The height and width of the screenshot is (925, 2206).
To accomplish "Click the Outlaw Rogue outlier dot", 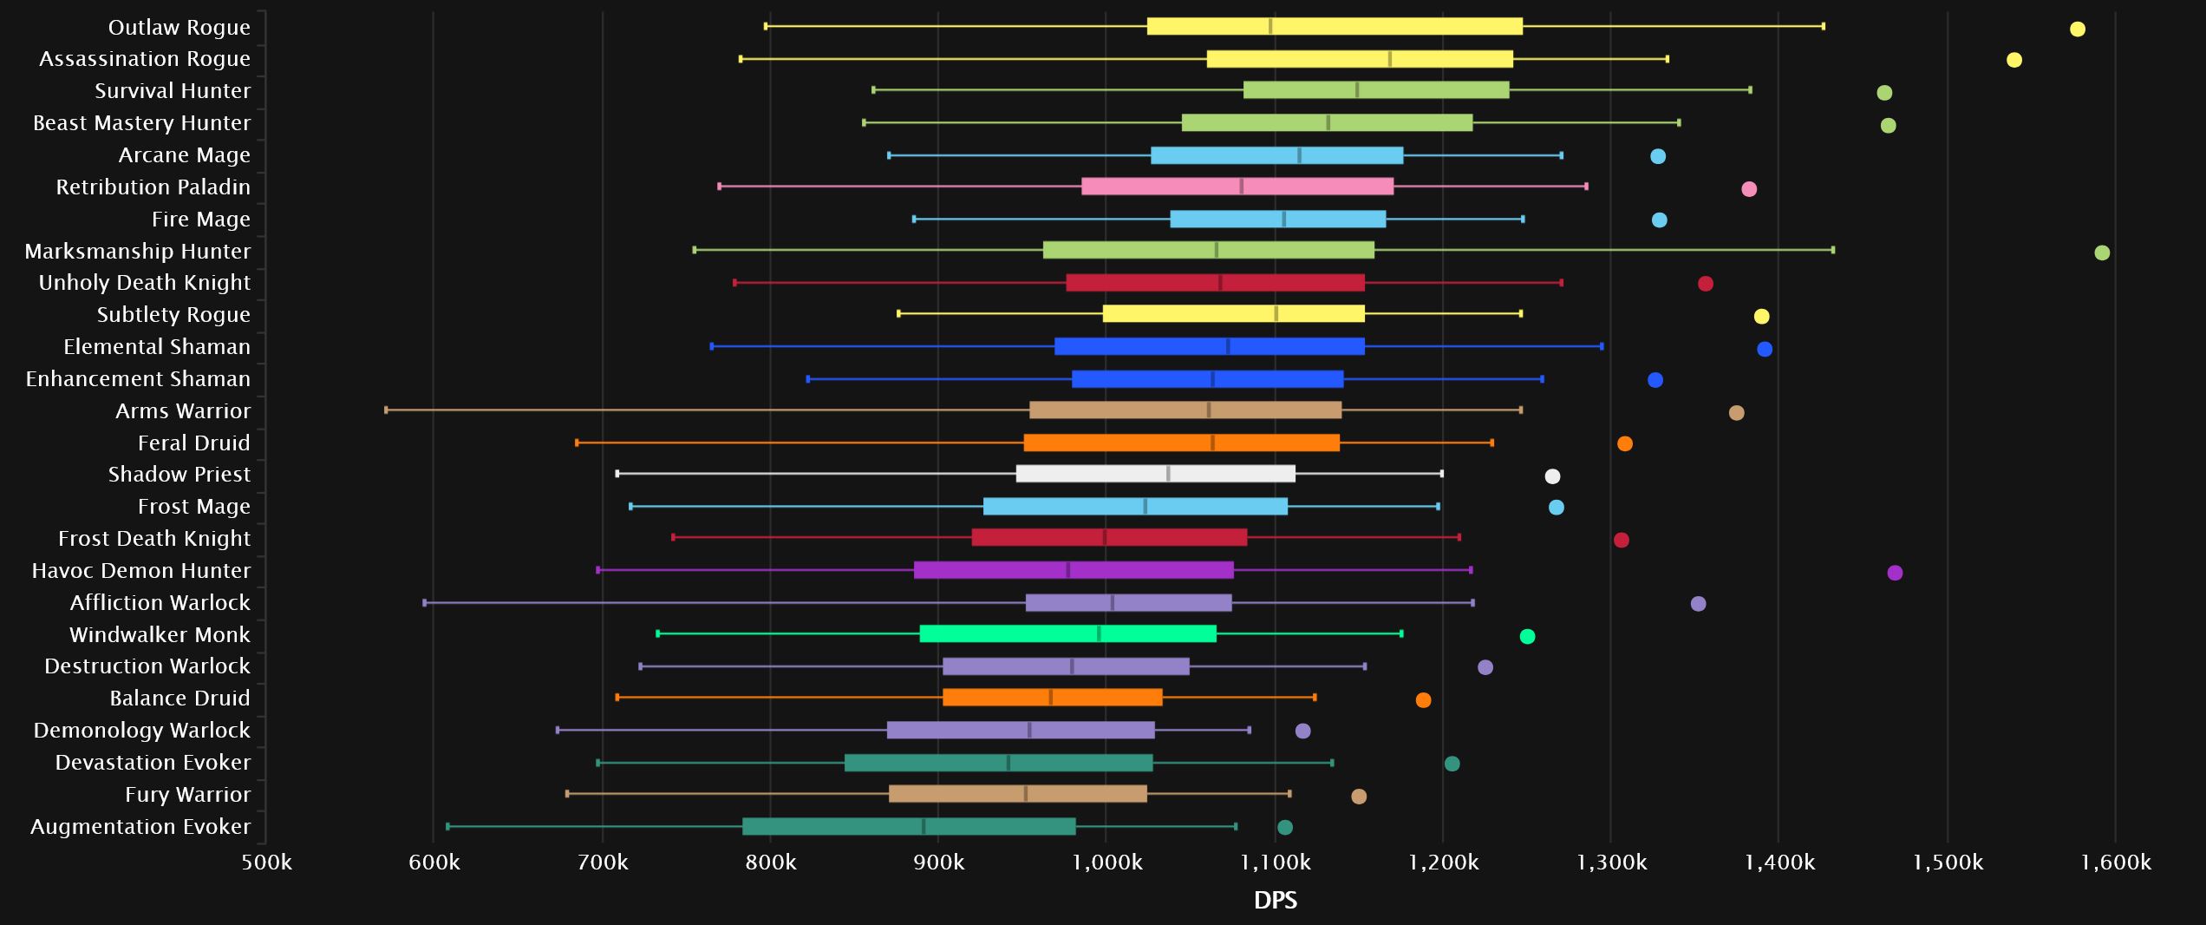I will (x=2077, y=30).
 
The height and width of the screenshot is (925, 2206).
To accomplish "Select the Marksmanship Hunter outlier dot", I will (x=2102, y=253).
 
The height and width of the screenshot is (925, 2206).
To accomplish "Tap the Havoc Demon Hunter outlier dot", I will (x=1895, y=573).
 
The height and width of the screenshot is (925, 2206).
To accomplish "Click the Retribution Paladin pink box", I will (x=1237, y=187).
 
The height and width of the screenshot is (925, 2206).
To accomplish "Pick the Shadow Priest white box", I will (x=1155, y=474).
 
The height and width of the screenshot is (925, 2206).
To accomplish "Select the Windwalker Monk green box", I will (x=1067, y=634).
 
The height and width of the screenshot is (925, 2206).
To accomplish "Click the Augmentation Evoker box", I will (x=909, y=827).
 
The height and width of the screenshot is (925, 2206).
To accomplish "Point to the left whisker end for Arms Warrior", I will (x=386, y=410).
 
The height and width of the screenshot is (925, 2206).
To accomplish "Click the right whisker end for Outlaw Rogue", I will (x=1823, y=27).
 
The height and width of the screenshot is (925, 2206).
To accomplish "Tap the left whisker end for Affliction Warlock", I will (x=424, y=603).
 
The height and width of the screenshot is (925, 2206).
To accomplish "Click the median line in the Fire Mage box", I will (x=1284, y=220).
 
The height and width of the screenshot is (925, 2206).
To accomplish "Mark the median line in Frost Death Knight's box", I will (x=1104, y=538).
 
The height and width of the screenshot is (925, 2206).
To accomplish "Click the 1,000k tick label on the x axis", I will (x=1106, y=863).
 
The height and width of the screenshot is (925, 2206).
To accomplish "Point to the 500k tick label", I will (x=266, y=863).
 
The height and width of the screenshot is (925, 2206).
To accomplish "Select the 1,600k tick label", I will (x=2115, y=863).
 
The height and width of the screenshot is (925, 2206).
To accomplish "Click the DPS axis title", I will (x=1275, y=901).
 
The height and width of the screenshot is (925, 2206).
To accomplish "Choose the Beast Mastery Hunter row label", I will (x=141, y=123).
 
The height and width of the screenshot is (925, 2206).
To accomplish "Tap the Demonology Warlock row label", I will (x=141, y=731).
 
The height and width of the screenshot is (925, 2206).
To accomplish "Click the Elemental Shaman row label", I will (x=157, y=347).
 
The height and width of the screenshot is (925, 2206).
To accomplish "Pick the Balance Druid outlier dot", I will (x=1423, y=700).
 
